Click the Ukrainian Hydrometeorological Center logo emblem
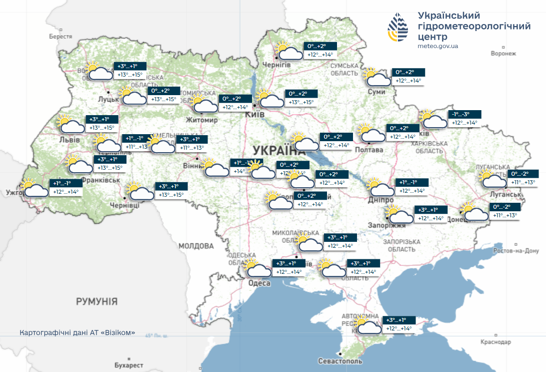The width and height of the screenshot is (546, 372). click(401, 28)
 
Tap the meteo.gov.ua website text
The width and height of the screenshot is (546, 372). click(437, 46)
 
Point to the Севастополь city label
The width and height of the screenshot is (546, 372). click(339, 361)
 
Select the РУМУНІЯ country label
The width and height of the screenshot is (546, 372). click(96, 301)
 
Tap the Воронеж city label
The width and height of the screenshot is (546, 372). click(502, 53)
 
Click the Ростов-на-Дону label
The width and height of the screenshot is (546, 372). click(516, 250)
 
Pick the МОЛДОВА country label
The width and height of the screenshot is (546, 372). click(196, 246)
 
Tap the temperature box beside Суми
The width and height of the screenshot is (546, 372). click(408, 77)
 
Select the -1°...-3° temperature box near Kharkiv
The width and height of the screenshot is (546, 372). click(464, 119)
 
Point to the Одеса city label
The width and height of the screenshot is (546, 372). click(259, 283)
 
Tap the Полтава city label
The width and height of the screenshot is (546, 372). click(369, 150)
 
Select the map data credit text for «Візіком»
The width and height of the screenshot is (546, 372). click(77, 333)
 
